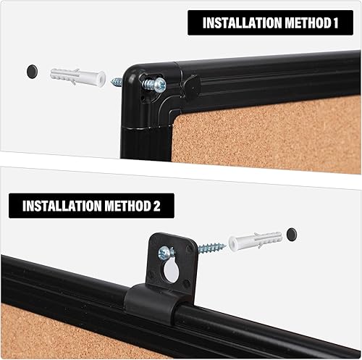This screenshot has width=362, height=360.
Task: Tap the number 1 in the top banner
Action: coord(335,22)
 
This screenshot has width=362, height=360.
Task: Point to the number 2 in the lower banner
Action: coord(156,205)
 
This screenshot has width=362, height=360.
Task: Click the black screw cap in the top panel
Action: coord(31,70)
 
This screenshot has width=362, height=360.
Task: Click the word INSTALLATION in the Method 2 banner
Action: coord(58,205)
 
